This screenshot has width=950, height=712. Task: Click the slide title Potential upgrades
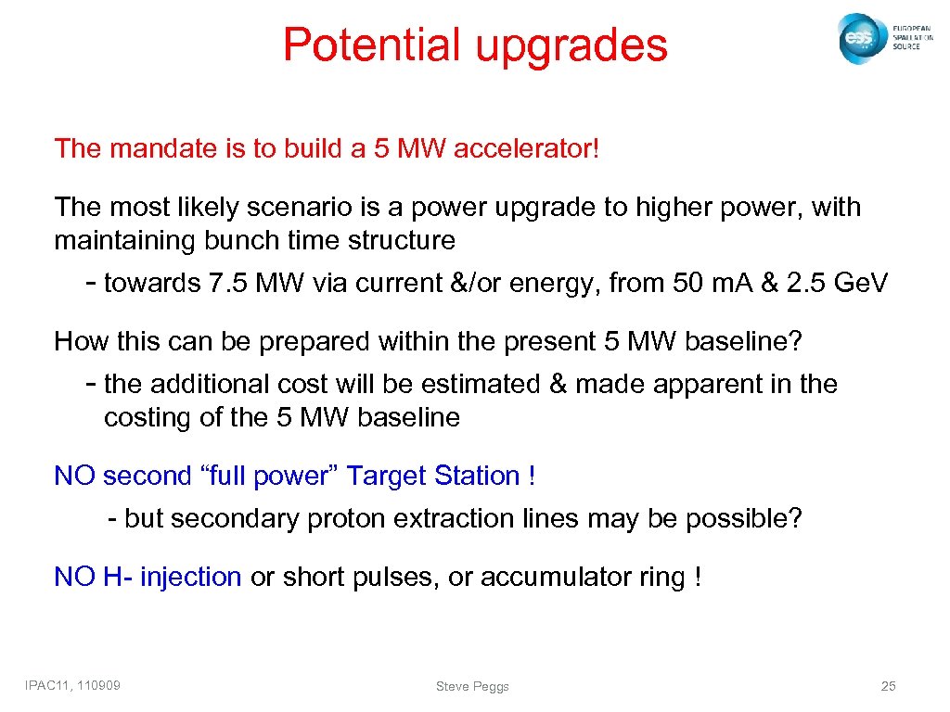pyautogui.click(x=475, y=44)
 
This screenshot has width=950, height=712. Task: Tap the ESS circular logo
pyautogui.click(x=860, y=39)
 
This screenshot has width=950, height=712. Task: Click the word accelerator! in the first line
pyautogui.click(x=526, y=148)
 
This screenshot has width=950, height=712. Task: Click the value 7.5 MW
pyautogui.click(x=250, y=283)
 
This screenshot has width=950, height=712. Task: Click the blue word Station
pyautogui.click(x=477, y=476)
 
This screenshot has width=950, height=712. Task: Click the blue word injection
pyautogui.click(x=190, y=577)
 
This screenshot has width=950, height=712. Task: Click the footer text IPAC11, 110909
pyautogui.click(x=79, y=685)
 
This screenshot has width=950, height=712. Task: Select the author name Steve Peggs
pyautogui.click(x=472, y=686)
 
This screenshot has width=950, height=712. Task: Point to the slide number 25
pyautogui.click(x=888, y=686)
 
